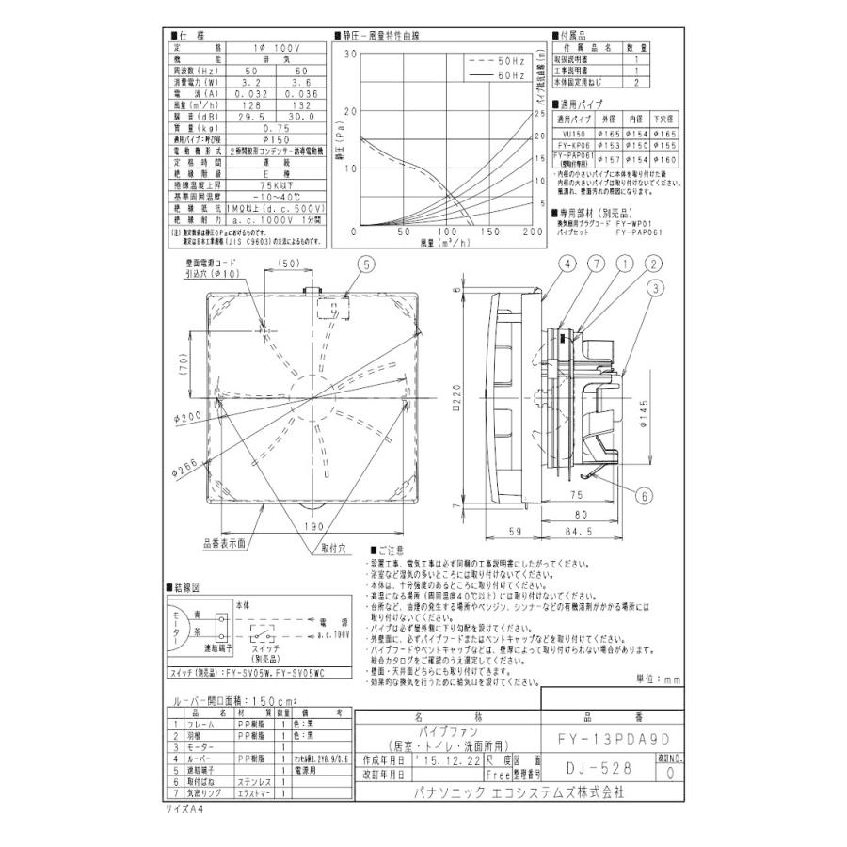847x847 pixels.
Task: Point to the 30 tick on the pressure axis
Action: [x=351, y=55]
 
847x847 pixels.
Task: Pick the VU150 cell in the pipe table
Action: [x=574, y=135]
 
